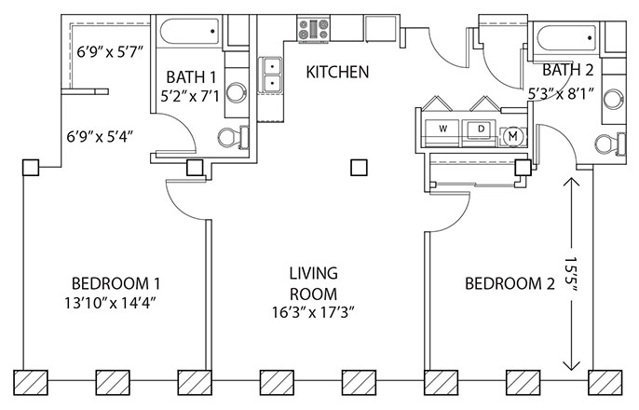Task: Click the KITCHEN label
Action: pyautogui.click(x=337, y=72)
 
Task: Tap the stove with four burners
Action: pyautogui.click(x=313, y=29)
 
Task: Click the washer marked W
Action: pyautogui.click(x=443, y=130)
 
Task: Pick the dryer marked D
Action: pyautogui.click(x=481, y=130)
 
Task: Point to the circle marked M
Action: pyautogui.click(x=512, y=136)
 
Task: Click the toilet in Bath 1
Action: pyautogui.click(x=233, y=137)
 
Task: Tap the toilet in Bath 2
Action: pyautogui.click(x=610, y=144)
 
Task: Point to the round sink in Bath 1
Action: pyautogui.click(x=237, y=92)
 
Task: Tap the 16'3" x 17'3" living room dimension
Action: pyautogui.click(x=313, y=312)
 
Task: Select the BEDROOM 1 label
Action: pyautogui.click(x=116, y=283)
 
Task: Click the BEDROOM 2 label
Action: pyautogui.click(x=510, y=283)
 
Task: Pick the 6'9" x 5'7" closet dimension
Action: pyautogui.click(x=111, y=52)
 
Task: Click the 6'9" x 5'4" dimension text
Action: pyautogui.click(x=101, y=136)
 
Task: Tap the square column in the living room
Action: pyautogui.click(x=359, y=167)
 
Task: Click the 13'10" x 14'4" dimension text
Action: pyautogui.click(x=111, y=303)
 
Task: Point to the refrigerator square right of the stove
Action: pyautogui.click(x=380, y=29)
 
